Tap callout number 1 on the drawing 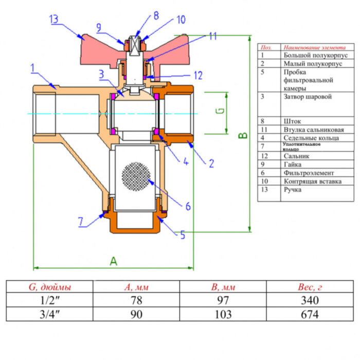click(32, 67)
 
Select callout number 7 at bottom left click(81, 222)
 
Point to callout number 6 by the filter click(188, 206)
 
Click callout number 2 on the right click(211, 164)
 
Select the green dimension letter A click(113, 261)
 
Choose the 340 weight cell click(309, 300)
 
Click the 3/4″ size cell click(49, 314)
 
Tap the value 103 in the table click(222, 314)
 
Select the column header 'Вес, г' click(309, 287)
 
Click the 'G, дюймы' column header click(49, 287)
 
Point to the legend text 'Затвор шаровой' click(308, 96)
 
